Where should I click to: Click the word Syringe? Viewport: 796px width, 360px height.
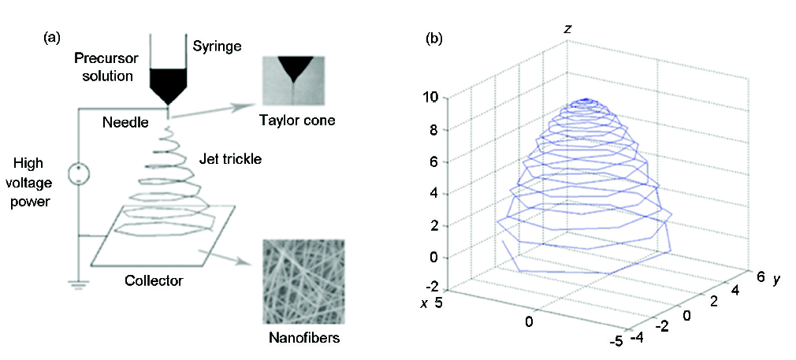(217, 46)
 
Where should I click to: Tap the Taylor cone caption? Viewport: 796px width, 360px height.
(296, 121)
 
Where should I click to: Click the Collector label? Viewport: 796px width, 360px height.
(154, 280)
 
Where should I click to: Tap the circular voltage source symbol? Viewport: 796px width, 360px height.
(79, 173)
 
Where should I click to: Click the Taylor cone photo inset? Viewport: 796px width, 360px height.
(293, 80)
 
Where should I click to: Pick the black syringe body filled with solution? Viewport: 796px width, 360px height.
(169, 85)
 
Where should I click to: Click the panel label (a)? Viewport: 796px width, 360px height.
(54, 38)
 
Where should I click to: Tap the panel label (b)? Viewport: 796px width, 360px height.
(434, 38)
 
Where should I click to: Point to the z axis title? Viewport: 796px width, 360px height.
(568, 29)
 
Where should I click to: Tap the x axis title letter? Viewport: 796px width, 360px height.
(423, 303)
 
